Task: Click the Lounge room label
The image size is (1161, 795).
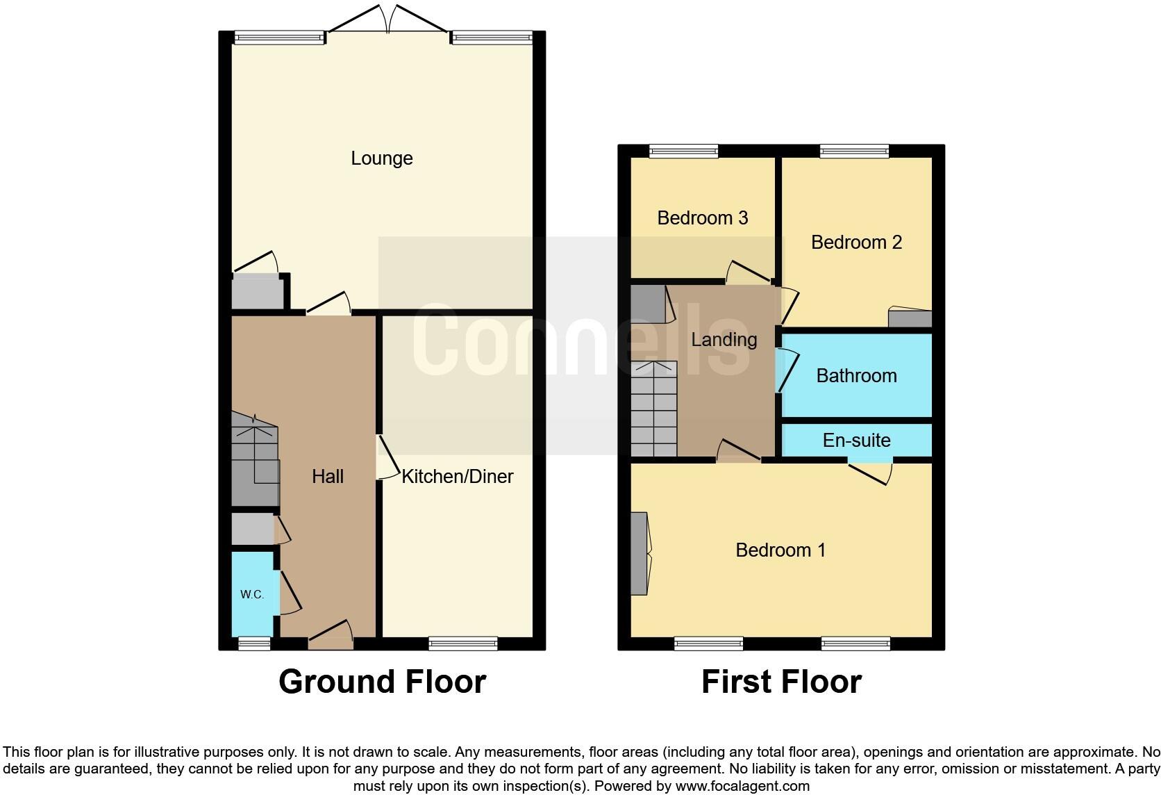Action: pos(381,158)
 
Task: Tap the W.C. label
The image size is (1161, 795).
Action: pos(251,594)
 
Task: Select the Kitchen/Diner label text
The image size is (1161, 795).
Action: pos(458,476)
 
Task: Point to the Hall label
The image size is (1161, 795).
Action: pos(328,476)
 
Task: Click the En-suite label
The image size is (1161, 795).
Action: pos(856,440)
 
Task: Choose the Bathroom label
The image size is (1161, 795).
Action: pos(856,376)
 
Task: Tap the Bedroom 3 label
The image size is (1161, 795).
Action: pos(702,218)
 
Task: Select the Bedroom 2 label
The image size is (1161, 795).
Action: pos(856,242)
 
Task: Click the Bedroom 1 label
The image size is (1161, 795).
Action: pos(780,550)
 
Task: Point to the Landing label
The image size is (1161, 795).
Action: pos(724,339)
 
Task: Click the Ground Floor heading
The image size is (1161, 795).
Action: pos(382,682)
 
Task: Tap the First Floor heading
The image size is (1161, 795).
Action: pos(781,682)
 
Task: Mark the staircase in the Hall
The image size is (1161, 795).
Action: pos(254,459)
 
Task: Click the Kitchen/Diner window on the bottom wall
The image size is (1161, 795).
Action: pos(463,644)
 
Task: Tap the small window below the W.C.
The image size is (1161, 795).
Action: pos(254,644)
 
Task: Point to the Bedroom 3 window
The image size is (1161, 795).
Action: pos(683,151)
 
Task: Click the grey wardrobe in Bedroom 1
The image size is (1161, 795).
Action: pos(639,553)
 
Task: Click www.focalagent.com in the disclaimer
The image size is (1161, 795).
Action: pos(742,786)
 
